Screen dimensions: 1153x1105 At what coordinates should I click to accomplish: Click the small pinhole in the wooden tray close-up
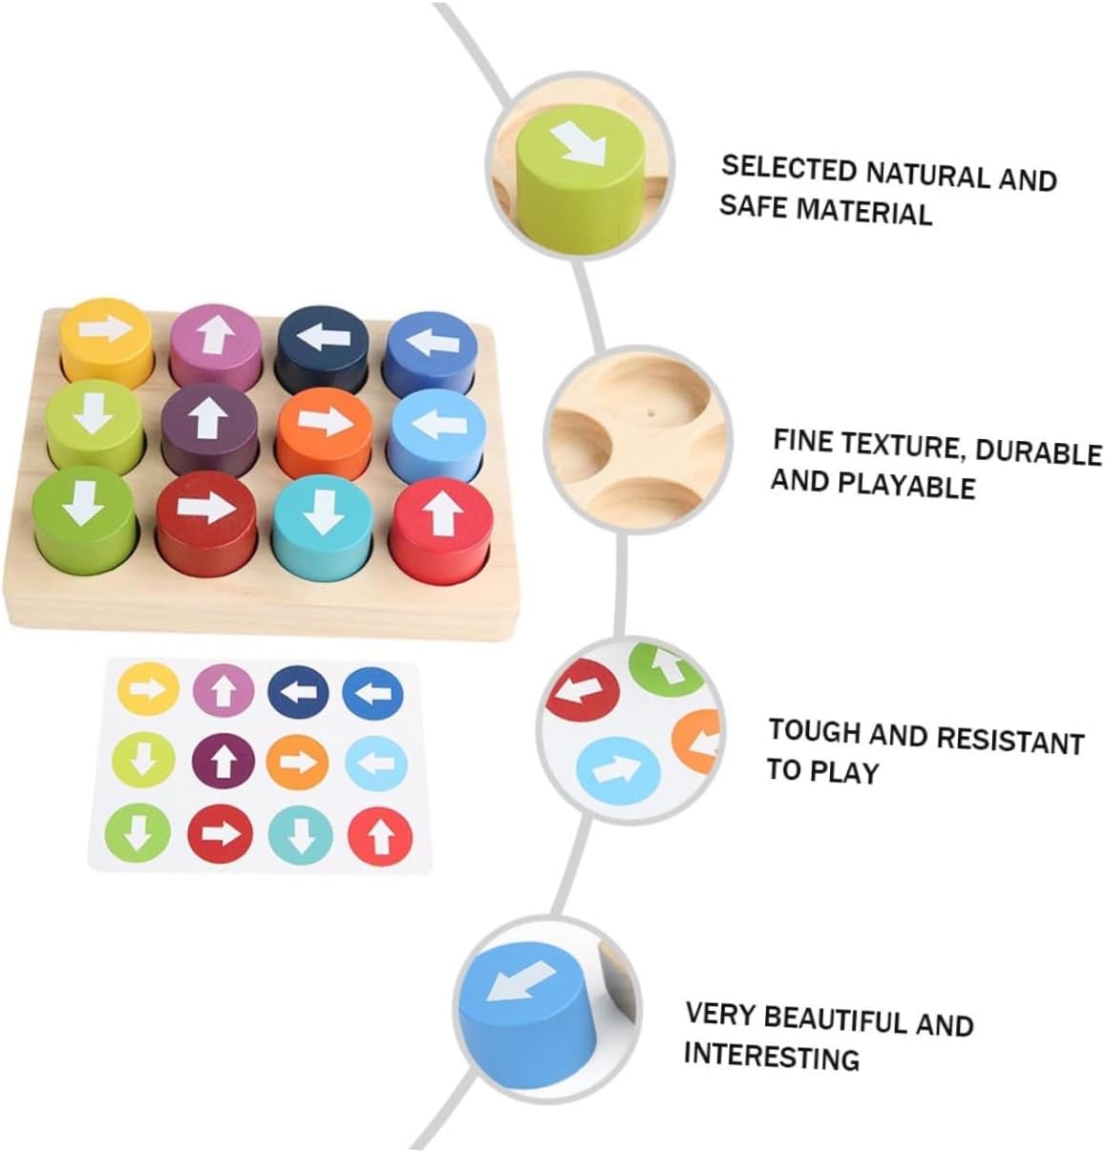650,414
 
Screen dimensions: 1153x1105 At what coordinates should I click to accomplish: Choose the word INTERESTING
771,1057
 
